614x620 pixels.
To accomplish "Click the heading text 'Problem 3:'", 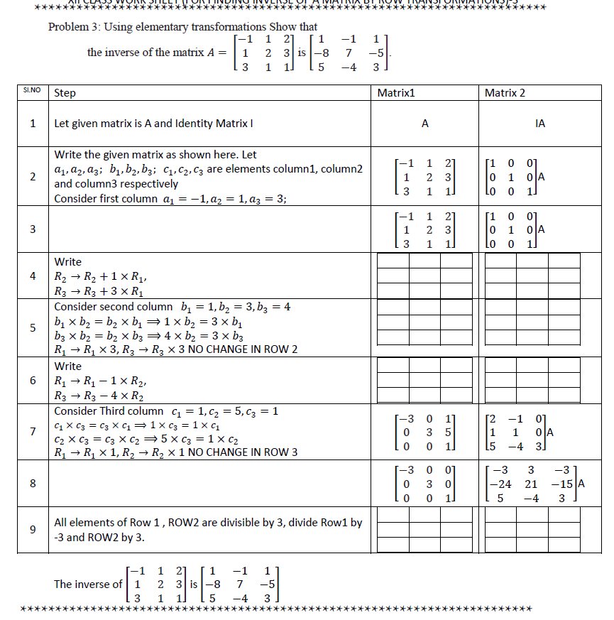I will click(x=74, y=27).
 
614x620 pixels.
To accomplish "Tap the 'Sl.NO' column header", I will click(x=32, y=92).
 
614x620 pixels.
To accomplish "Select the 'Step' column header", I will click(x=65, y=93).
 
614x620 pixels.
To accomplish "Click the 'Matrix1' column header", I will click(x=396, y=93).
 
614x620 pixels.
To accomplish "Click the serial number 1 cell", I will click(x=33, y=124).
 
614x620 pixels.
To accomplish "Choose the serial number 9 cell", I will click(x=33, y=529).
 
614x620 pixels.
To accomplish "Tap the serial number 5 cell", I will click(x=33, y=327).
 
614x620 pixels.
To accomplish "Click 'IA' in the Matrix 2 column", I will click(x=540, y=124).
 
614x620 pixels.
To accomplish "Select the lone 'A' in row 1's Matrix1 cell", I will click(x=424, y=124).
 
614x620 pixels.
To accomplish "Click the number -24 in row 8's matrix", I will click(x=501, y=484).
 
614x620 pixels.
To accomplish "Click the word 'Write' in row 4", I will click(x=68, y=262).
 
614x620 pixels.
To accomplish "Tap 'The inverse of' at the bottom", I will click(x=88, y=584).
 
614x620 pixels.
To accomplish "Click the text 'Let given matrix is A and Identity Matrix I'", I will click(x=154, y=124).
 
